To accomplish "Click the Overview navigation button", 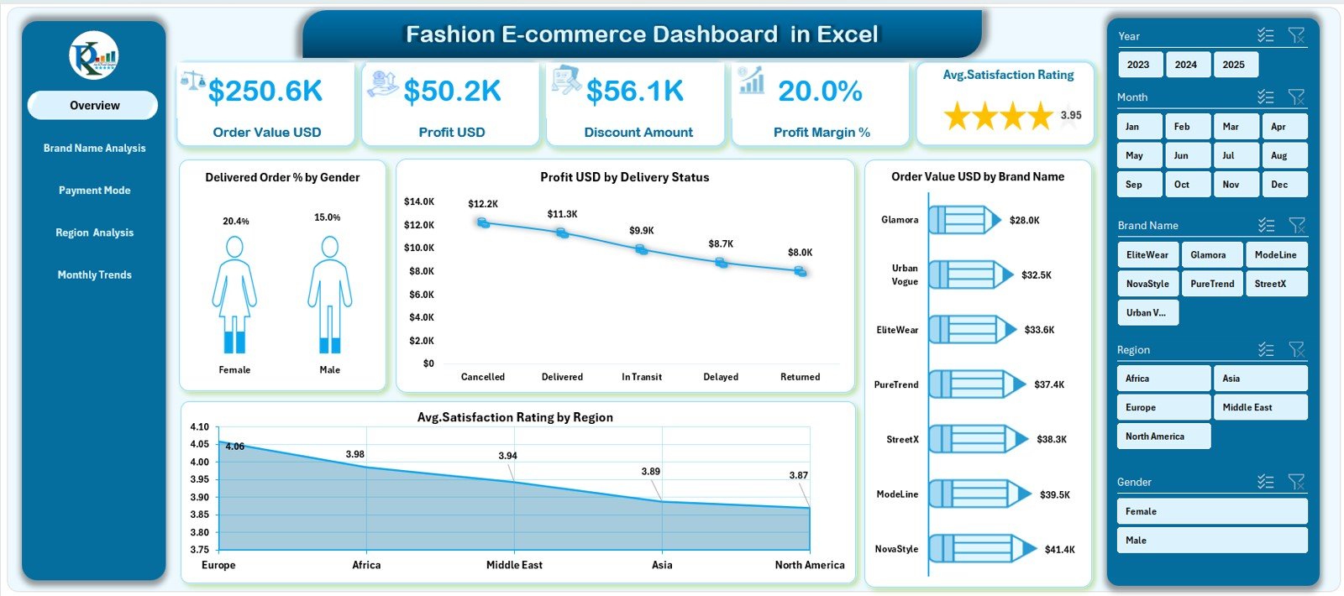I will click(x=93, y=106).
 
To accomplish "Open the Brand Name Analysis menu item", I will click(x=94, y=149).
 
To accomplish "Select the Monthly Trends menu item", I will click(x=94, y=275).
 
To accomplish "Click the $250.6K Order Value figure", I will click(x=265, y=91).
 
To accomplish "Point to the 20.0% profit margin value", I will click(x=820, y=91).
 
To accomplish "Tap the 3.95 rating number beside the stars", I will click(x=1071, y=116).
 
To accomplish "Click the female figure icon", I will click(x=234, y=294).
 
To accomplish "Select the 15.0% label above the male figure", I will click(x=328, y=217).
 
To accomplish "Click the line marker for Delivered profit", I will click(x=562, y=233).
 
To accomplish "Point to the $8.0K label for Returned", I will click(x=800, y=253).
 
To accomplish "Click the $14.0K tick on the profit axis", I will click(x=419, y=201).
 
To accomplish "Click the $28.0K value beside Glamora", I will click(x=1024, y=221).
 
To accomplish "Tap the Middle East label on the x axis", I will click(x=514, y=565).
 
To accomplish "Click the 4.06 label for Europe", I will click(x=235, y=447).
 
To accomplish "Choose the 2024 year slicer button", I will click(x=1186, y=65).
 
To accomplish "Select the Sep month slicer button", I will click(x=1139, y=185).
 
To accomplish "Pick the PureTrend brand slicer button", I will click(x=1212, y=284).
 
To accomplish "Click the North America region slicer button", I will click(x=1163, y=437).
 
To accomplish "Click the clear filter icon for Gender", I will click(x=1296, y=482).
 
